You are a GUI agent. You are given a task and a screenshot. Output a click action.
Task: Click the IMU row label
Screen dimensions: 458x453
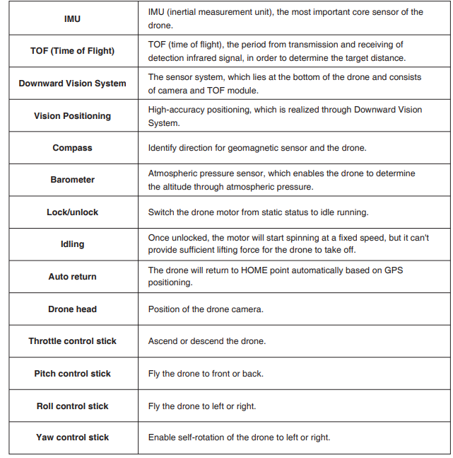coord(72,18)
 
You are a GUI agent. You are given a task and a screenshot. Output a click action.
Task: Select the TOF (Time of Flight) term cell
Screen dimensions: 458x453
coord(72,51)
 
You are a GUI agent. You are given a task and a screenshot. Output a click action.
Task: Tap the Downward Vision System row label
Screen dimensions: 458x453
coord(72,84)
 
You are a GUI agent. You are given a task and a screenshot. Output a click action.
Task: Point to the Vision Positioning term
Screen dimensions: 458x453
coord(72,116)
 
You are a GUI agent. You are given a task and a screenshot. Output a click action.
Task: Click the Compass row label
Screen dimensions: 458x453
coord(72,148)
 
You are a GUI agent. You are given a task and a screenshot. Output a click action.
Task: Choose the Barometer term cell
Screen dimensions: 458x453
coord(72,180)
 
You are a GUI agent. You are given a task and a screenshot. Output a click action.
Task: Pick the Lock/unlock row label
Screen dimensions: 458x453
coord(72,212)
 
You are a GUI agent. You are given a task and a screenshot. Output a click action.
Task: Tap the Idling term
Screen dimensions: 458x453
coord(72,244)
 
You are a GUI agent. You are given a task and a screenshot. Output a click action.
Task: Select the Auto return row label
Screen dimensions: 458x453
coord(72,276)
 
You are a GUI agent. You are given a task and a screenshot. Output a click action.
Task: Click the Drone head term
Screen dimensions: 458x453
coord(72,309)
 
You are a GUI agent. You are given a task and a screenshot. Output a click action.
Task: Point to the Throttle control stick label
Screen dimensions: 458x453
coord(72,341)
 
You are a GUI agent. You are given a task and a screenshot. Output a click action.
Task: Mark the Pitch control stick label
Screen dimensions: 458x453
coord(72,374)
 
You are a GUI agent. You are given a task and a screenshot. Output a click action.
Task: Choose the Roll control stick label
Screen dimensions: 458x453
coord(72,406)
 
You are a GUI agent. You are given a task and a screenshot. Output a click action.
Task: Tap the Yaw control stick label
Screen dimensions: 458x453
coord(72,437)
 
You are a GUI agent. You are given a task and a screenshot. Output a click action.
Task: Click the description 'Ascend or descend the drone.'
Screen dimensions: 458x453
coord(206,341)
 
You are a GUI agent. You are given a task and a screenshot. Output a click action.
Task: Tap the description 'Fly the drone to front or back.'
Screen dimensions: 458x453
coord(205,374)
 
